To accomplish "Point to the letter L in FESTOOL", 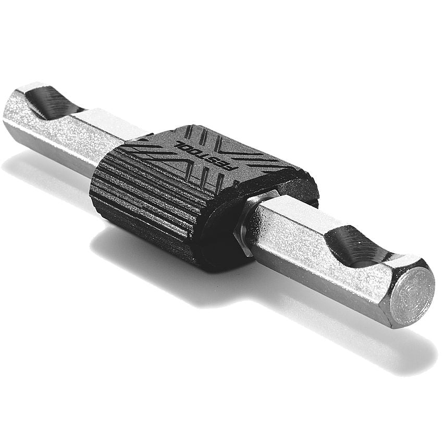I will pos(179,144).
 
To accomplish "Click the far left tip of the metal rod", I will pos(6,112).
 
